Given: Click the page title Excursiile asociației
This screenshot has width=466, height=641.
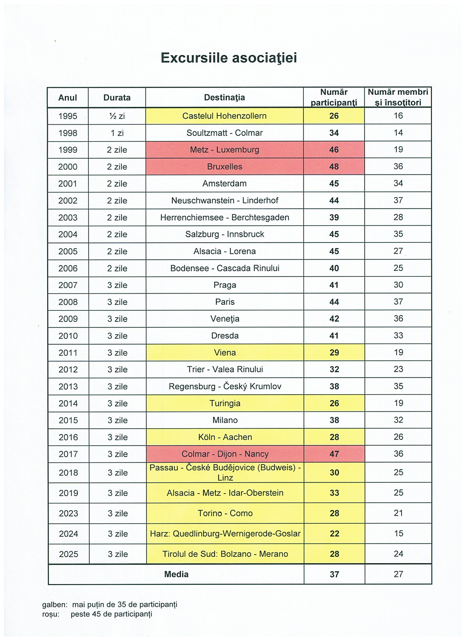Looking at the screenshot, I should pos(229,58).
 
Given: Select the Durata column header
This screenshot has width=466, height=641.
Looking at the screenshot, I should pos(117,98).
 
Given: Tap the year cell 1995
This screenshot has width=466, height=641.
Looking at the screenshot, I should pos(68,116).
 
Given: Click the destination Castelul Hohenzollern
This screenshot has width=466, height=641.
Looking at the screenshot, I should pos(224,116).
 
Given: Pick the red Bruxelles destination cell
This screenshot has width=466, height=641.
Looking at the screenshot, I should pos(224,167).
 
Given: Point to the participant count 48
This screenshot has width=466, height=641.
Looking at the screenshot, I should pos(334,167).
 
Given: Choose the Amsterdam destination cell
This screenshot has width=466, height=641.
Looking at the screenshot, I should pos(224,184).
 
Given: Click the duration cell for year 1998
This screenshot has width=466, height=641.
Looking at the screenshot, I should pos(117,133).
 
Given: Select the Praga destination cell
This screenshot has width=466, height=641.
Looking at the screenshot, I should pos(225,285).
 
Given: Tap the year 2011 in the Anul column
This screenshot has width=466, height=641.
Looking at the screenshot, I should pos(68,353).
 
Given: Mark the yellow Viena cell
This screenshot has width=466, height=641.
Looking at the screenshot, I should pos(225,353).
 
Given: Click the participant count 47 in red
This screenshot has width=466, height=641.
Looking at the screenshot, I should pos(334,454).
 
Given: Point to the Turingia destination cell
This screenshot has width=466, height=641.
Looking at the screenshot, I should pos(225,403).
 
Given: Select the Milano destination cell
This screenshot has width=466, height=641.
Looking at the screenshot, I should pos(225,420).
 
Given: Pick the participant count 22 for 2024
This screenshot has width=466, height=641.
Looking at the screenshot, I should pos(334,534).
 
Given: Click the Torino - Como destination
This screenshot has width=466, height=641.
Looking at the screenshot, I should pos(225,513).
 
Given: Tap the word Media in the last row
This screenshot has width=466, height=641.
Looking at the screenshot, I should pos(176,574).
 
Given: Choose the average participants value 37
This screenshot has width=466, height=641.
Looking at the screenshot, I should pos(334,574).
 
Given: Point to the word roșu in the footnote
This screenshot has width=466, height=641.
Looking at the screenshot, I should pos(51,614).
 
